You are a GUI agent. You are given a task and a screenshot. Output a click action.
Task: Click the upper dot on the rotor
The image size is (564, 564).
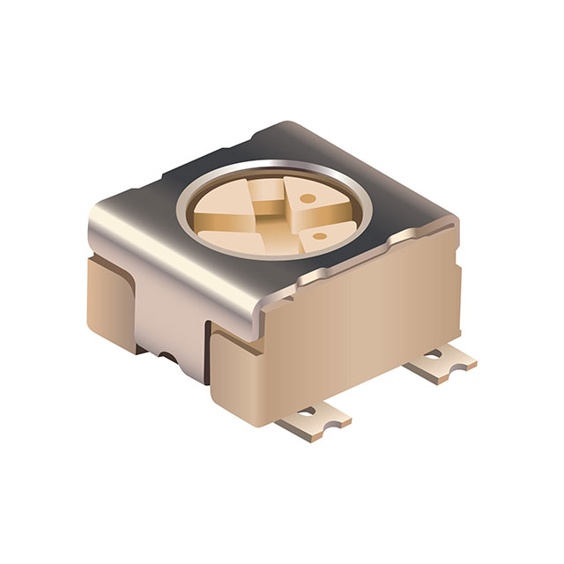tap(308, 198)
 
